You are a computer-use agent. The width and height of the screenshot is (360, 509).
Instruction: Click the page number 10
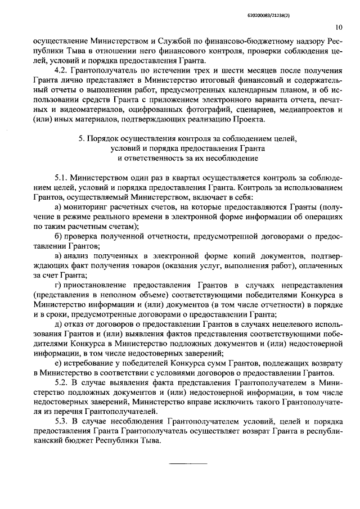tap(339, 26)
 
